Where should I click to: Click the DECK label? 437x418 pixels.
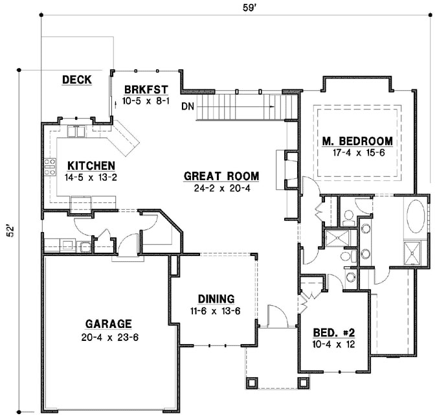pyautogui.click(x=76, y=80)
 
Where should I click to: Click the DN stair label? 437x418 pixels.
pyautogui.click(x=188, y=106)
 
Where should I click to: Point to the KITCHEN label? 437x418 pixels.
pyautogui.click(x=92, y=165)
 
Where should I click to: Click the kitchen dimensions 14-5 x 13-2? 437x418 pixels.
pyautogui.click(x=92, y=176)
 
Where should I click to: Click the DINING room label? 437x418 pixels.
pyautogui.click(x=216, y=299)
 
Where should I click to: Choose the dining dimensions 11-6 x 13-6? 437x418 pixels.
pyautogui.click(x=216, y=310)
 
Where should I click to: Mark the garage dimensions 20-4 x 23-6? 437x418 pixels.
pyautogui.click(x=107, y=336)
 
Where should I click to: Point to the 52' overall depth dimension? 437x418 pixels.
pyautogui.click(x=10, y=232)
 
